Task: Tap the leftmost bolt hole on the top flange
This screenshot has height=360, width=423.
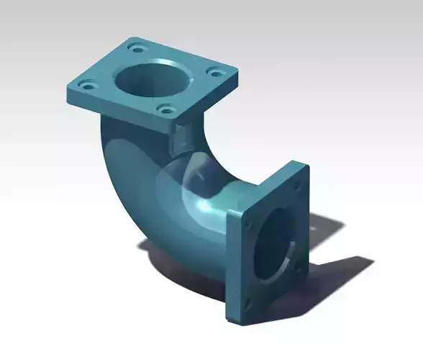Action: tap(88, 86)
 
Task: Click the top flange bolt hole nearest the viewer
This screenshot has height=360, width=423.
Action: tap(165, 111)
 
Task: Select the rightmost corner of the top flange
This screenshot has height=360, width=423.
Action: tap(237, 71)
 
